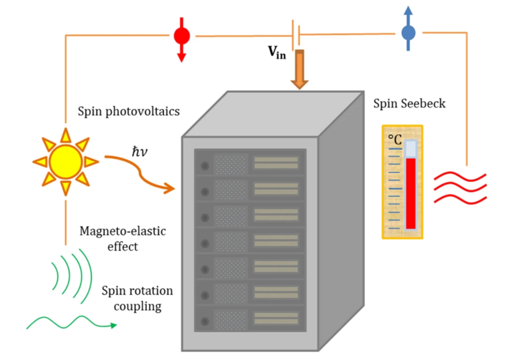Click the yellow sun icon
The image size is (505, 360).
[65, 161]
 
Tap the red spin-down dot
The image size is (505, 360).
[181, 36]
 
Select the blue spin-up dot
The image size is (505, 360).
[408, 33]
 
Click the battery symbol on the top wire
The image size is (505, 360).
[296, 34]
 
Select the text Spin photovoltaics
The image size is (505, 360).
[129, 112]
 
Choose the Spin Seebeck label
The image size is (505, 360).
[409, 103]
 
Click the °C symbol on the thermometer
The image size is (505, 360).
[395, 139]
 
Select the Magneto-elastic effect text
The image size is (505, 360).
[123, 238]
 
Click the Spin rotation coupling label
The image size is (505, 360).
[137, 298]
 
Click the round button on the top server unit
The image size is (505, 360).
[205, 166]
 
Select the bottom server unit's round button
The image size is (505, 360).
[205, 321]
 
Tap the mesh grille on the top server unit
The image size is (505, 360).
[230, 165]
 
